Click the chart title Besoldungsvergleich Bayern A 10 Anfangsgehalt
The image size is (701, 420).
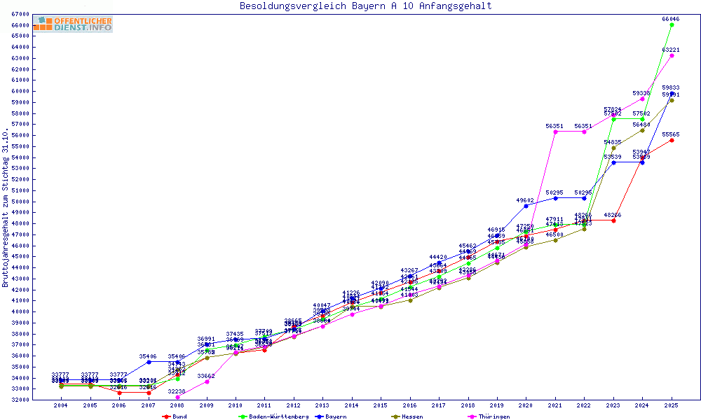365,6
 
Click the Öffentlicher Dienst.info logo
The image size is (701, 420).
72,24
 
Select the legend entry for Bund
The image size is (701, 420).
175,416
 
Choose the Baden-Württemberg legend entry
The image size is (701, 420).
269,416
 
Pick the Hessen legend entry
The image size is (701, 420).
407,416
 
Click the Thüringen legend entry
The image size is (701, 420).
494,416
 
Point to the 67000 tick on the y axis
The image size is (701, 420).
21,14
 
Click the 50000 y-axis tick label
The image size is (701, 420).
21,202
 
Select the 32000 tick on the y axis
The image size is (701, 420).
21,400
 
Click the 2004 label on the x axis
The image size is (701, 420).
61,405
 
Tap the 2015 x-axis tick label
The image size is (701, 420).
381,405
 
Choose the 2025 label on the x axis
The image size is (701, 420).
672,405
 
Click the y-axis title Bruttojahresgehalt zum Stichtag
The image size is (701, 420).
6,209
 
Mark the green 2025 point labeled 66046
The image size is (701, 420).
672,24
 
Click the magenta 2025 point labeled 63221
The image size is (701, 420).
672,55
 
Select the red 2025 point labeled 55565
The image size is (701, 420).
672,140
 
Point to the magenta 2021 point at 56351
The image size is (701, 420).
555,132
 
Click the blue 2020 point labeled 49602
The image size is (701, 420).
526,206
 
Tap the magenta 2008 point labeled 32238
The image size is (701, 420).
177,397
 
